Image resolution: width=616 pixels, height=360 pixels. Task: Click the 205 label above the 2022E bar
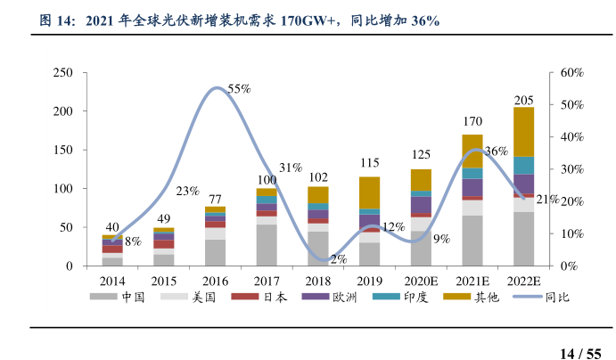[x=524, y=100]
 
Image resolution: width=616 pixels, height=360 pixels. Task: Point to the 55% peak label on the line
[x=239, y=89]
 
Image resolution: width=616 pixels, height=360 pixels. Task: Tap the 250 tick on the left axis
[x=62, y=72]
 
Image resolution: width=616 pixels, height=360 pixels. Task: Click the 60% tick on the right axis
[x=571, y=72]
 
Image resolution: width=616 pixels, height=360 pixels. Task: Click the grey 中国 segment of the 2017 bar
[x=267, y=245]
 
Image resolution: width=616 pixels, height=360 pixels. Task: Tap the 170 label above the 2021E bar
[x=472, y=121]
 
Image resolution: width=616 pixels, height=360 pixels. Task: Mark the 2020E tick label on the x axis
[x=421, y=281]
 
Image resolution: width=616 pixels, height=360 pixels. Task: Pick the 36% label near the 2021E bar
[x=497, y=151]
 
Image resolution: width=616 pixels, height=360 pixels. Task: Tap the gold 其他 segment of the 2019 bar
[x=369, y=192]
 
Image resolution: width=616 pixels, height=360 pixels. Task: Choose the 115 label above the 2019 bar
[x=369, y=163]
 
